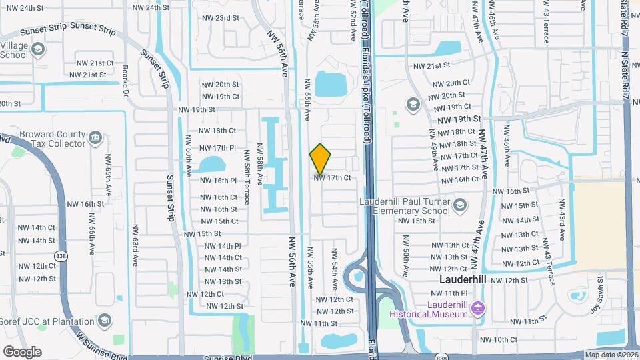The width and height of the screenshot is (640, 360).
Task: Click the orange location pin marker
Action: pyautogui.click(x=320, y=159)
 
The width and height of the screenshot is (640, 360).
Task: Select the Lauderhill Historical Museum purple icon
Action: pyautogui.click(x=477, y=307)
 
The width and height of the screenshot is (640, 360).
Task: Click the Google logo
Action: pyautogui.click(x=22, y=351)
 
